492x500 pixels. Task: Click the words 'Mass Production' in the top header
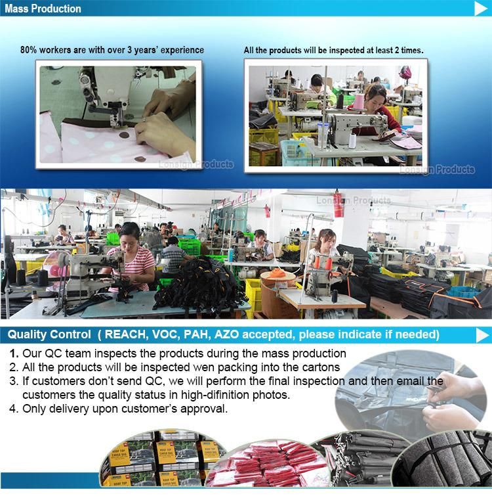(43, 9)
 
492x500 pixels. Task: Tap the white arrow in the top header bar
(481, 9)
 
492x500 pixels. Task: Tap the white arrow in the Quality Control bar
(482, 335)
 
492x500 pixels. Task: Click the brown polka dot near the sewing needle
(124, 135)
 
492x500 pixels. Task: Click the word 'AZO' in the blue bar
(226, 334)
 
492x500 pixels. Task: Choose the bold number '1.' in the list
(14, 353)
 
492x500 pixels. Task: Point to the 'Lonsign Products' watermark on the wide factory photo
(354, 200)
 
